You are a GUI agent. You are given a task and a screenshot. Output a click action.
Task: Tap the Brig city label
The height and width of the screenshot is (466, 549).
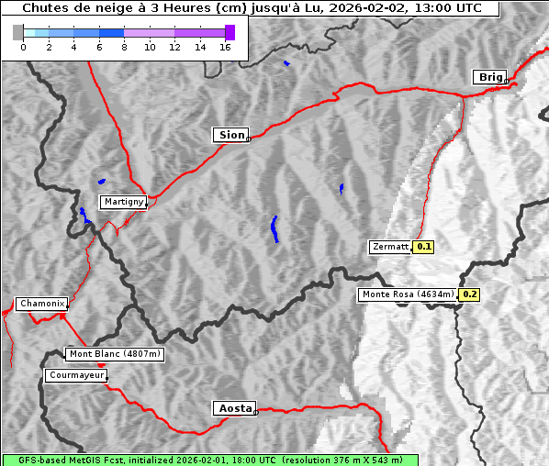[x=488, y=77]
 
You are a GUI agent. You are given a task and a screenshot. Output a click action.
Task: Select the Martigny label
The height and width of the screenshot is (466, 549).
[x=122, y=201]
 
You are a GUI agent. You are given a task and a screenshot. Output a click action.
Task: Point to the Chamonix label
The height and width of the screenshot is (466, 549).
[x=41, y=304]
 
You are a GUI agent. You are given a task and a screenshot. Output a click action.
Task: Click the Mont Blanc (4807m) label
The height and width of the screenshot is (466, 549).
[x=115, y=354]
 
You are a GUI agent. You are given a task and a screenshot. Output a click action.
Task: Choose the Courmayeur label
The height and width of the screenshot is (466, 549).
[x=75, y=375]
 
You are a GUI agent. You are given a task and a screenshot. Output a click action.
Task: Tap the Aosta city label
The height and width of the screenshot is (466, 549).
[x=233, y=408]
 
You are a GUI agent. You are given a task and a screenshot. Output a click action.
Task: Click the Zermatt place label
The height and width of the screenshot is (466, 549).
[x=390, y=247]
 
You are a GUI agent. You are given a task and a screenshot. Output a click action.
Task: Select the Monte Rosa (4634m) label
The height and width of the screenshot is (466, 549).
[x=408, y=294]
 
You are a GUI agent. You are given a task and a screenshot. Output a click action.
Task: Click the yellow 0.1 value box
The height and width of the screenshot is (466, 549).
[x=423, y=247]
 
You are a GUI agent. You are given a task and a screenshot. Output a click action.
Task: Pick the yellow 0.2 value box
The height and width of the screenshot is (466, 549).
[x=469, y=294]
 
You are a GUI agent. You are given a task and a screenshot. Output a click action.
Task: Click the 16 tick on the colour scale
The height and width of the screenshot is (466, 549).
[x=225, y=48]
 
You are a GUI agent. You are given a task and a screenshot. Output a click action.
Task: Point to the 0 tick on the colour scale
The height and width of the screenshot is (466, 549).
[x=23, y=48]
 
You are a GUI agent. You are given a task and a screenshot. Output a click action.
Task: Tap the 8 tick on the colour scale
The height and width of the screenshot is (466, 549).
[x=124, y=48]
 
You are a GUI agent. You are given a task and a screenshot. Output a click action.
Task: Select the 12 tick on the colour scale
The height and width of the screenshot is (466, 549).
[x=174, y=48]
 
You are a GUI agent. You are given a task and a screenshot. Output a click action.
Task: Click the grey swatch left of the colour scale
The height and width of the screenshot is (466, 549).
[x=17, y=32]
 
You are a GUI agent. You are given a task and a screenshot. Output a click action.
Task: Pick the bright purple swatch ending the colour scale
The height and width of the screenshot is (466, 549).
[x=230, y=32]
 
